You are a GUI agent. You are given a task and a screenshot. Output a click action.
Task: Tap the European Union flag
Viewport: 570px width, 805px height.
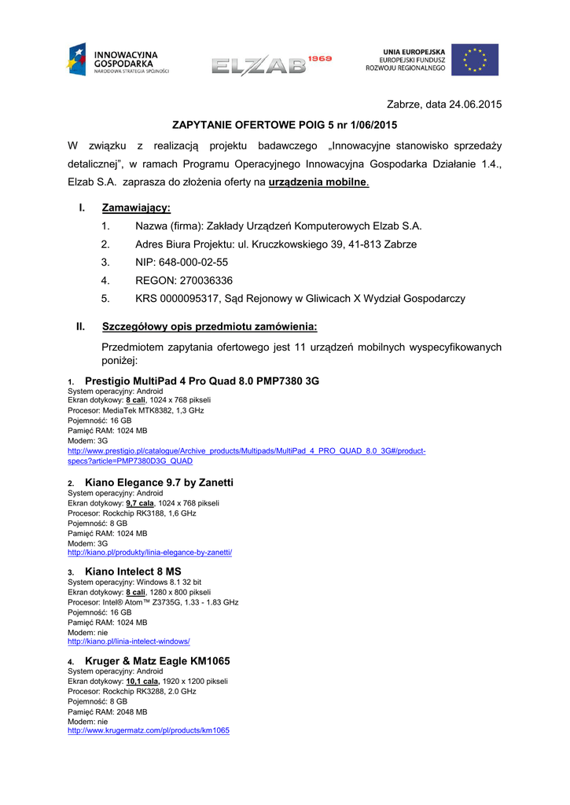475,60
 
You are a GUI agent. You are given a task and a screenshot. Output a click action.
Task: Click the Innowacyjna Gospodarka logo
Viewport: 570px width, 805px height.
118,60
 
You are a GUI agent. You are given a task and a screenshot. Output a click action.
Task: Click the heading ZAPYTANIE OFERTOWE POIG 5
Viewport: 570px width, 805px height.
285,124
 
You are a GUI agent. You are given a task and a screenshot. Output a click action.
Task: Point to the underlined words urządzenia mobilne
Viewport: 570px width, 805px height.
318,182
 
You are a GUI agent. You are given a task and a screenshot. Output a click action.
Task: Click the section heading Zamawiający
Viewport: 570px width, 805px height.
136,208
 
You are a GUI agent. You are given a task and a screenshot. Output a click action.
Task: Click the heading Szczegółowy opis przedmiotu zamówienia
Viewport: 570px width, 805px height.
209,326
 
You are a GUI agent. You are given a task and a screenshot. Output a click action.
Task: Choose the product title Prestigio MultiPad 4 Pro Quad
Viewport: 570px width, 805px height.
201,381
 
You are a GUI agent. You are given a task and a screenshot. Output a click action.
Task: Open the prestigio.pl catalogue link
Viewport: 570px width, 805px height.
246,451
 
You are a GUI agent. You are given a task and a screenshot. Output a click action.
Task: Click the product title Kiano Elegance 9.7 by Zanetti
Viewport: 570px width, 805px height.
159,482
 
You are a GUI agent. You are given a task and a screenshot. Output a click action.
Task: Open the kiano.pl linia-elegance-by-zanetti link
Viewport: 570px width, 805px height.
149,553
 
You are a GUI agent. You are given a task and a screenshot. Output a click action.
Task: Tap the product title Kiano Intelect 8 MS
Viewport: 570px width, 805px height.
133,572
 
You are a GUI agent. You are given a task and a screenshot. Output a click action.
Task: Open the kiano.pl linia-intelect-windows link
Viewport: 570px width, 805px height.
129,641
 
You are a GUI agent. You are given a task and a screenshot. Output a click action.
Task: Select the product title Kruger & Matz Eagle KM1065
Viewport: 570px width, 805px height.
157,661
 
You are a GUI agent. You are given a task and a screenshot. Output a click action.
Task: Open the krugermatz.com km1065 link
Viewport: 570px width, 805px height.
149,730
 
